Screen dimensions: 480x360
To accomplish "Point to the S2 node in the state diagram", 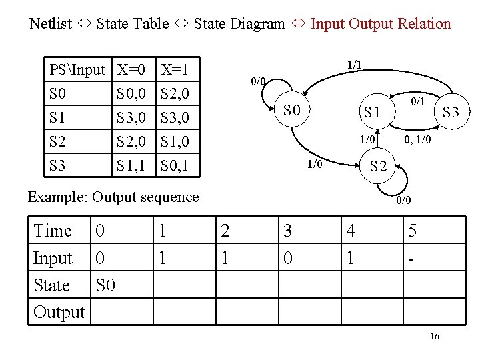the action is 378,167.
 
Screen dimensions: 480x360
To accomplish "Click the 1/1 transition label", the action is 354,65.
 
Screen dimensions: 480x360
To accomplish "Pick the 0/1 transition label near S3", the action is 417,101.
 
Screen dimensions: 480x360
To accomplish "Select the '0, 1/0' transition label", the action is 419,140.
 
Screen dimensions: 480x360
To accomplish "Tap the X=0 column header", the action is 132,69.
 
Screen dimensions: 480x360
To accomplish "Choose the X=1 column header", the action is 175,69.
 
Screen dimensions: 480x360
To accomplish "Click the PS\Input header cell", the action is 77,69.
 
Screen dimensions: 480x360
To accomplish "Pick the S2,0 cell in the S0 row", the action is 176,93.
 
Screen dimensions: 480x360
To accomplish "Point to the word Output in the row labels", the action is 59,312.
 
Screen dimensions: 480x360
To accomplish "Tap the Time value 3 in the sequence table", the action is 287,231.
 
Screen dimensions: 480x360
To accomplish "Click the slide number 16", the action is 434,337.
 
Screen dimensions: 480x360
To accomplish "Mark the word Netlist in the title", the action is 51,24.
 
